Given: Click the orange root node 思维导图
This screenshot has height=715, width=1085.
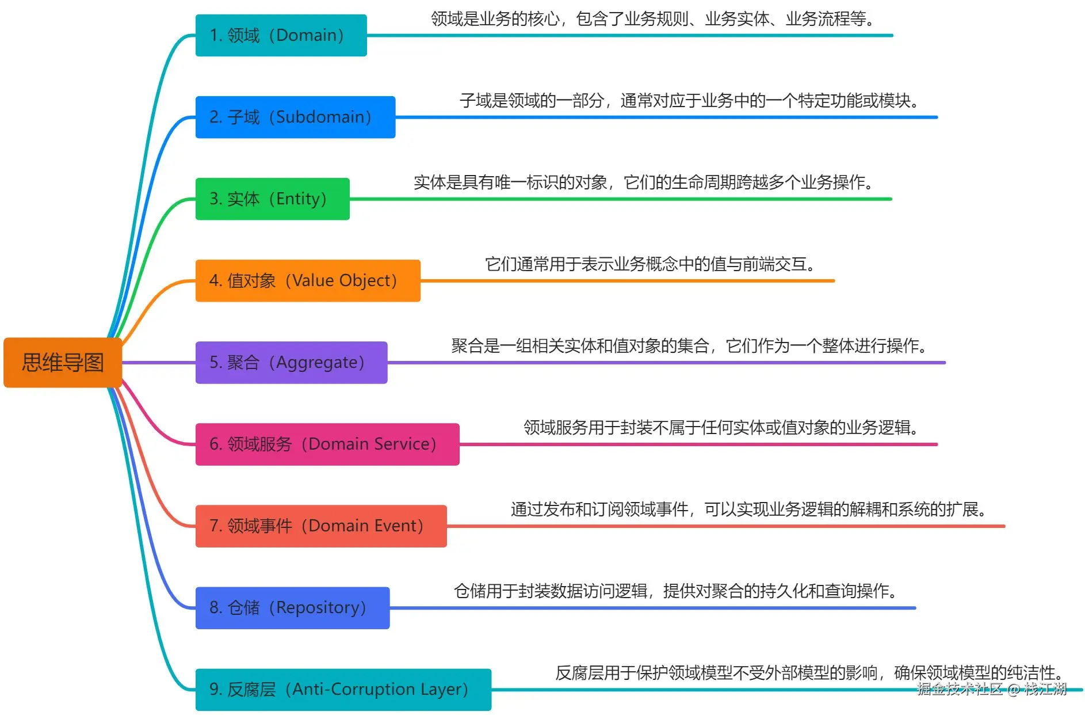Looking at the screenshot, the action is point(63,363).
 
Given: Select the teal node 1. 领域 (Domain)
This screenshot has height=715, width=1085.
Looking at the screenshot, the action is point(281,36).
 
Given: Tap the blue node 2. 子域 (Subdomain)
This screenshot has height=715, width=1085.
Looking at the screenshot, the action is point(295,117).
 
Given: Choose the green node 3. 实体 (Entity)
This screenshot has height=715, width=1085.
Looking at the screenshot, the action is point(272,199).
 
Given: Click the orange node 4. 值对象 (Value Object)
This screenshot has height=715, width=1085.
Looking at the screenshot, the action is point(308,281).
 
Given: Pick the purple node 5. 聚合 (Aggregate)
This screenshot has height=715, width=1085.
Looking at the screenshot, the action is point(291,363).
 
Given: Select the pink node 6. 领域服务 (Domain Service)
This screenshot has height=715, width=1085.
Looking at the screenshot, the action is point(327,444).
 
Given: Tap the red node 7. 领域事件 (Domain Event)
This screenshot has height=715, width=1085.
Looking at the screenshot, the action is point(321,526).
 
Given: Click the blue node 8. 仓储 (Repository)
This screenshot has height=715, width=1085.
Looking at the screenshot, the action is point(292,608).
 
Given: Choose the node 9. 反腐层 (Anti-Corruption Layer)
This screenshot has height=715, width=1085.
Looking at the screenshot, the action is point(343,690).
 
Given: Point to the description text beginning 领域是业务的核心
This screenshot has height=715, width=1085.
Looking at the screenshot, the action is point(653,19).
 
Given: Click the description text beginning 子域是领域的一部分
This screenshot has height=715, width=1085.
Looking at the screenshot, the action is point(689,101).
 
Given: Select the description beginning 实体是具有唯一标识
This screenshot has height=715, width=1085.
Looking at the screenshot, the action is point(644,182).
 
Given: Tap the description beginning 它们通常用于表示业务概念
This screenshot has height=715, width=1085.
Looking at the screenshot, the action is point(651,264).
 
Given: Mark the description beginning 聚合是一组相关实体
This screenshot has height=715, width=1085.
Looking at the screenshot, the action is point(689,346).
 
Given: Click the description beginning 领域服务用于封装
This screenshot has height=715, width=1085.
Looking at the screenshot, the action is point(721,428).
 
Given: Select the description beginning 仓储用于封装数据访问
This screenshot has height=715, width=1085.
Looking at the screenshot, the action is point(675,591).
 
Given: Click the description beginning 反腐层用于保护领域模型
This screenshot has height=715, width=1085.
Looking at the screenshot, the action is point(808,672).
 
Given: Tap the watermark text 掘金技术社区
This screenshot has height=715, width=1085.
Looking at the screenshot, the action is point(960,689).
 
